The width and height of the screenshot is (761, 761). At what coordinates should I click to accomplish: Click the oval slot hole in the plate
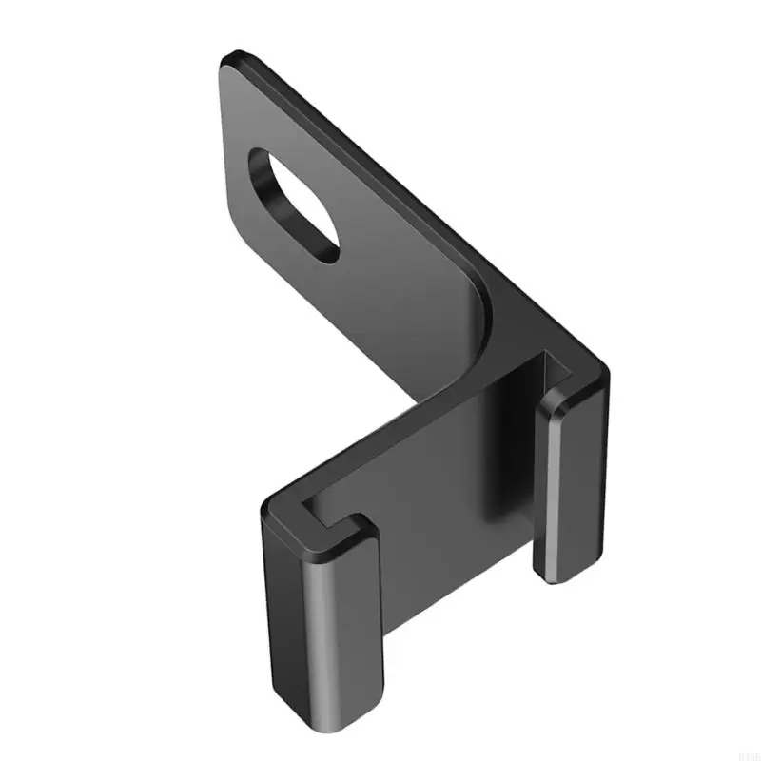click(295, 205)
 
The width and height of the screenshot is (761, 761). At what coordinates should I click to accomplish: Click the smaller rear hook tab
click(569, 485)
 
